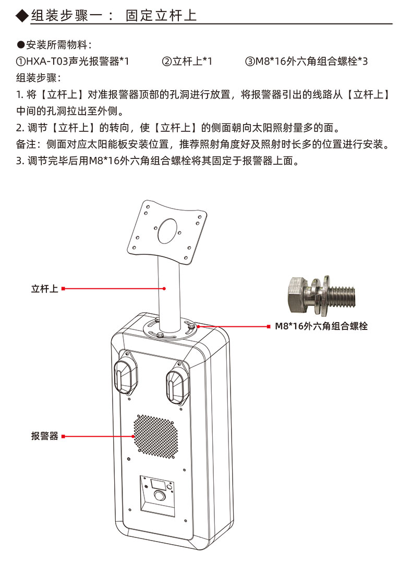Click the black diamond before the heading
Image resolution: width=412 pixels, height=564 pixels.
click(22, 15)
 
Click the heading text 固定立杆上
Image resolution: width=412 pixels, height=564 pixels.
click(161, 16)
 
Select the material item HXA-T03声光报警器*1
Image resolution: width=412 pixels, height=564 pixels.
click(72, 61)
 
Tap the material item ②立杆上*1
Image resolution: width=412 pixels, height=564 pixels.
click(187, 61)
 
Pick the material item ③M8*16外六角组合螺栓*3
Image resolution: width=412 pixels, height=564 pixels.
click(307, 61)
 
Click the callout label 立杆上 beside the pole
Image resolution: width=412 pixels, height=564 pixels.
click(45, 288)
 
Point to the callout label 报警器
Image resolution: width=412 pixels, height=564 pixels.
click(45, 436)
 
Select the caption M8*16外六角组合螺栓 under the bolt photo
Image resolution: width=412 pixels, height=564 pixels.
click(321, 326)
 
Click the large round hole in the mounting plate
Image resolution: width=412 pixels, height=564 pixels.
click(168, 231)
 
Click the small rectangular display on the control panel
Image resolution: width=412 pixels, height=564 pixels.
click(158, 484)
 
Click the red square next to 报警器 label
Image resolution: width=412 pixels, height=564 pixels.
click(63, 436)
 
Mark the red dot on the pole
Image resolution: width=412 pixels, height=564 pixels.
click(164, 288)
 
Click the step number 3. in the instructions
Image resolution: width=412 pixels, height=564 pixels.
click(20, 161)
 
